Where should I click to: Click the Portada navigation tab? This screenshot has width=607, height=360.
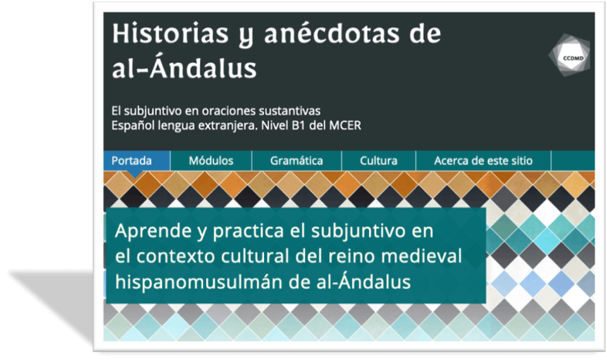pos(131,161)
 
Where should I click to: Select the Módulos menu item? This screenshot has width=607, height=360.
pos(211,161)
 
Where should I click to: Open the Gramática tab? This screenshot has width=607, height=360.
pos(297,161)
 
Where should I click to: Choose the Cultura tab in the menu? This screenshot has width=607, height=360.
pos(378,161)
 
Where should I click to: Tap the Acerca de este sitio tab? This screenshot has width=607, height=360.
pos(483,161)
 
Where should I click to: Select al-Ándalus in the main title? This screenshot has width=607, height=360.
pos(184,70)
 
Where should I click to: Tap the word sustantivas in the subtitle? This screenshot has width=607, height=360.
pos(290,110)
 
